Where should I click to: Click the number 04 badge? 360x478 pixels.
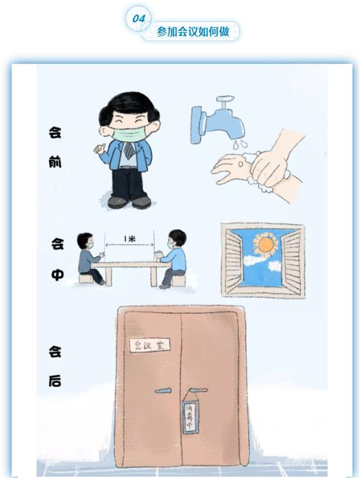(139, 18)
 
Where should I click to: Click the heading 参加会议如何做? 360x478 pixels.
(193, 32)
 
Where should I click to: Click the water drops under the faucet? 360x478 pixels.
(239, 144)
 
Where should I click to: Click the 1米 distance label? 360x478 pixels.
(130, 239)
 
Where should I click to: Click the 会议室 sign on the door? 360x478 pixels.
(149, 345)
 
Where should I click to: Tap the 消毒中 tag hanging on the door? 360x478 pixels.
(190, 417)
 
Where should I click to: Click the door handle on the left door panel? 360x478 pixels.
(163, 391)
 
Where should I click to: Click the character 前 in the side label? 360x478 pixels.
(55, 162)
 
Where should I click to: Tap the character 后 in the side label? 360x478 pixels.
(54, 381)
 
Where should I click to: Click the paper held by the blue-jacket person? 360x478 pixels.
(158, 255)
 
